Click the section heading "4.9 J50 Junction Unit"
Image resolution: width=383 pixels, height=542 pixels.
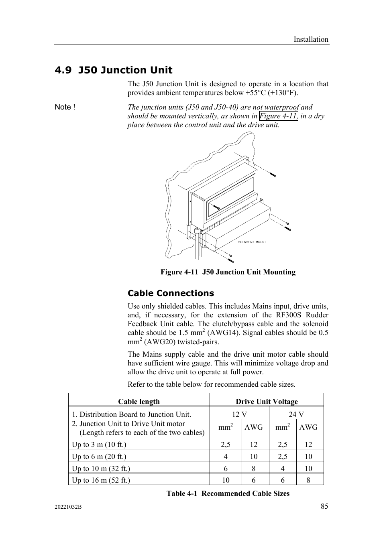[114, 70]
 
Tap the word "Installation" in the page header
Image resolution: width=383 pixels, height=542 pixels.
[310, 39]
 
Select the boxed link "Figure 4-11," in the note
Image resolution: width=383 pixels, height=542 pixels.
[279, 116]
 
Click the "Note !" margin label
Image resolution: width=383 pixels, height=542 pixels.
[65, 107]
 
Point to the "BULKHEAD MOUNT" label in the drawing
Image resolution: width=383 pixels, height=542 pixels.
[252, 242]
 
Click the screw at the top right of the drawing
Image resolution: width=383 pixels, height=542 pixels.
[273, 175]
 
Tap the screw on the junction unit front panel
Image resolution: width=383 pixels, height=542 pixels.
[216, 207]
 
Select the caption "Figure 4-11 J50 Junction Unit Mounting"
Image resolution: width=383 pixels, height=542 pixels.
[228, 272]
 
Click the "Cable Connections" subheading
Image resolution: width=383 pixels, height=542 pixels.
[171, 293]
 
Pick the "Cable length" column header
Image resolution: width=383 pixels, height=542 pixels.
[139, 402]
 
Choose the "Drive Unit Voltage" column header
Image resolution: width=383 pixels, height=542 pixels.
[267, 402]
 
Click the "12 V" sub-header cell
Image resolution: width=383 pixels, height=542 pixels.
[239, 414]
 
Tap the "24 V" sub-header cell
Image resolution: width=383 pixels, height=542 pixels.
[296, 414]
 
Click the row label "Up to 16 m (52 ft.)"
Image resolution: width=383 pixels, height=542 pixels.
[101, 480]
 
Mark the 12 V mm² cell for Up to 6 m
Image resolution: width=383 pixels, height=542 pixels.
[226, 457]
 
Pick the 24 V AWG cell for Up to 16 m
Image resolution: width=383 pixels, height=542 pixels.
[308, 480]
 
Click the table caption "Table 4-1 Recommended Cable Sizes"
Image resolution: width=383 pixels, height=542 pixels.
[228, 493]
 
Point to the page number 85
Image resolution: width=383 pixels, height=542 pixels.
[324, 506]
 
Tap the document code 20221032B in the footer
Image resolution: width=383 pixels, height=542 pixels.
[68, 507]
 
